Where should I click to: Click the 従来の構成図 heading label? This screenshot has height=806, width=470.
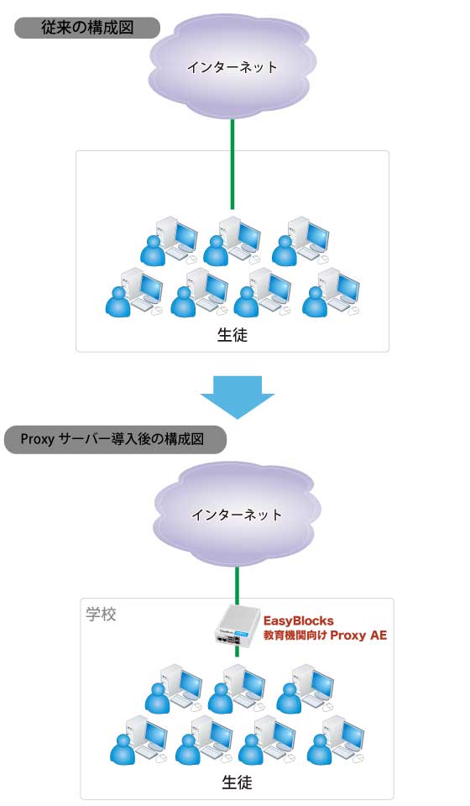[x=87, y=27]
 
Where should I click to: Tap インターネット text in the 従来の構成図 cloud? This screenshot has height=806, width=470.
[x=232, y=67]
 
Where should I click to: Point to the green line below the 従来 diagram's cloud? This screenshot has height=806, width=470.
[x=232, y=164]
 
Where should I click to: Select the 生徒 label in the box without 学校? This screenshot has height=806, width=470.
[x=232, y=335]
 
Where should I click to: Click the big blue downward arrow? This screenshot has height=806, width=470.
[x=237, y=397]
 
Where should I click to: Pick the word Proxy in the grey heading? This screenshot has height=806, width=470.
[x=38, y=439]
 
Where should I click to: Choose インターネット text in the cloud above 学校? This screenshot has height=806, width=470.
[x=237, y=515]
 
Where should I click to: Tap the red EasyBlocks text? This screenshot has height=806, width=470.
[x=299, y=620]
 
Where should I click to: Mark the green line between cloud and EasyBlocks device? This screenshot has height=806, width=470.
[x=237, y=585]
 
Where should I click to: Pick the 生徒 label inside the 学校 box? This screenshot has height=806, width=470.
[x=237, y=782]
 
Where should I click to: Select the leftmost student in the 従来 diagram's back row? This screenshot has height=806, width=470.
[x=153, y=250]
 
